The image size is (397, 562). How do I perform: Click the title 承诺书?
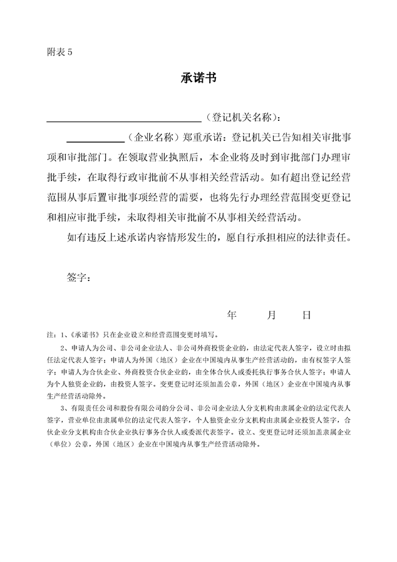click(198, 78)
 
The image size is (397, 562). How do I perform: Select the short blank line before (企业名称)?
click(95, 140)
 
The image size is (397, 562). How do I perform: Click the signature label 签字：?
click(78, 277)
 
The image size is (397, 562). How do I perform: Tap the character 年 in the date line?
click(232, 315)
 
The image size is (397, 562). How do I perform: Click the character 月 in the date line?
click(271, 315)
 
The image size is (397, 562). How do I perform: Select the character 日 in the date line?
click(306, 315)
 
